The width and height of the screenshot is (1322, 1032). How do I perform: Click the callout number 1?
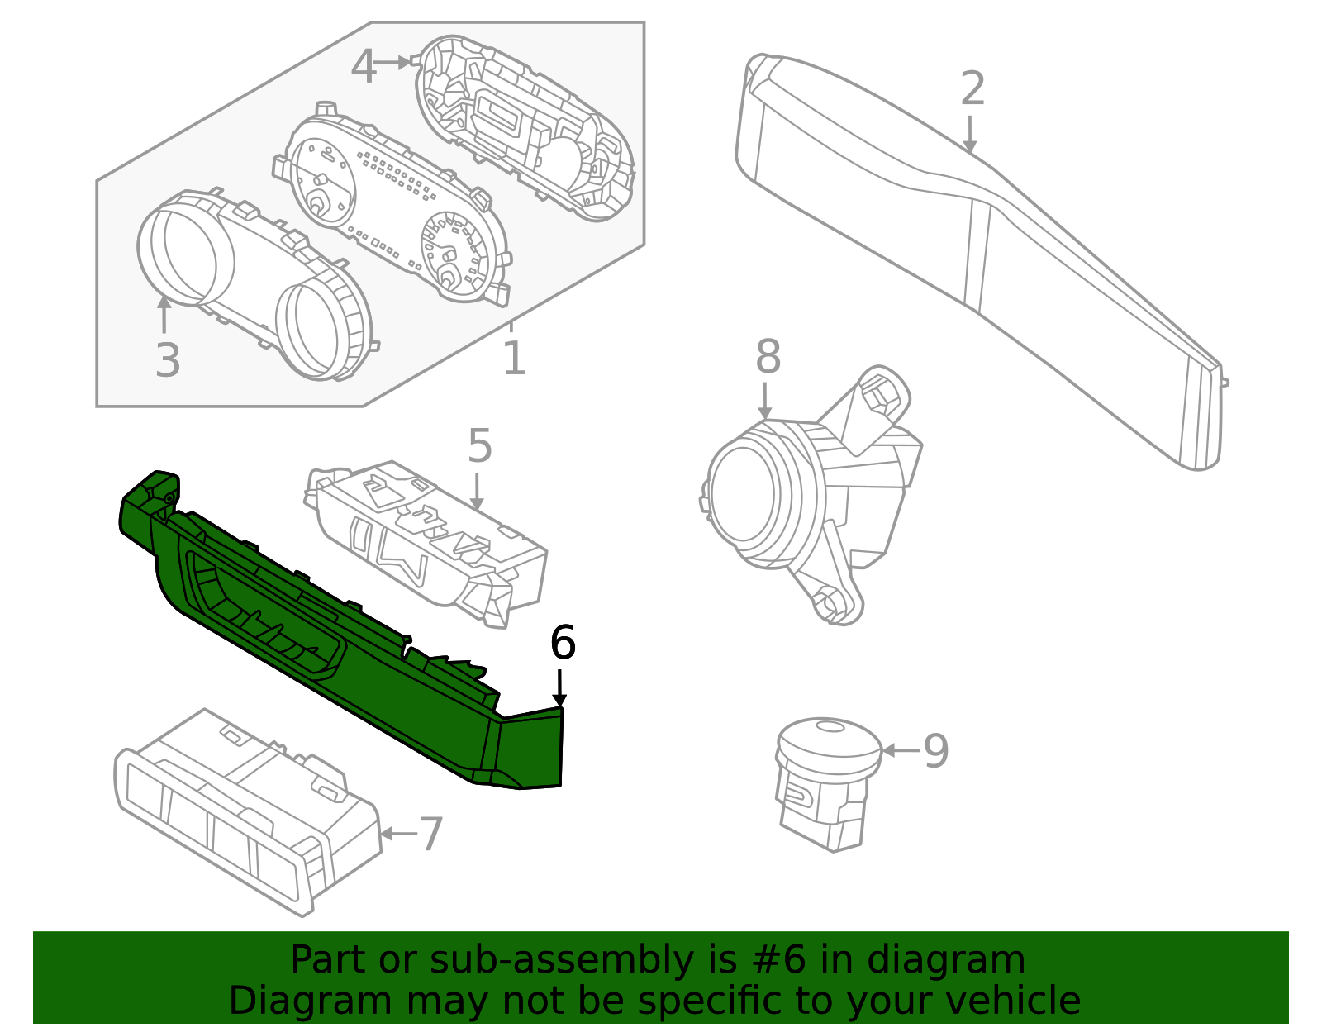(x=514, y=359)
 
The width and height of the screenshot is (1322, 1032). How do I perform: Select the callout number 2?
(x=972, y=88)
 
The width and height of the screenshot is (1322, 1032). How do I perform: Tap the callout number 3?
(x=168, y=361)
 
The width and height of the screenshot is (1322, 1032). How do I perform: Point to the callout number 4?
(x=364, y=66)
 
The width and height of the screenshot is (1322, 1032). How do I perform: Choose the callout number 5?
(x=479, y=446)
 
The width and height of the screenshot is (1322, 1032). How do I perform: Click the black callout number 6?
(x=563, y=643)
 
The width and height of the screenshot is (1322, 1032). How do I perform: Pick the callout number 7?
(x=431, y=834)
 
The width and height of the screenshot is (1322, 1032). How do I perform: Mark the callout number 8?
(x=768, y=358)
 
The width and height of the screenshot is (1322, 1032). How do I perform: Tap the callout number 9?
(x=935, y=751)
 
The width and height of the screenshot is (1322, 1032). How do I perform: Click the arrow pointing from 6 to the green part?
(x=560, y=687)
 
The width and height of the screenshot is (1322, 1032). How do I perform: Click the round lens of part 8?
(x=742, y=494)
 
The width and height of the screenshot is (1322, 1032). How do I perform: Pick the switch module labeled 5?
(x=430, y=537)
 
